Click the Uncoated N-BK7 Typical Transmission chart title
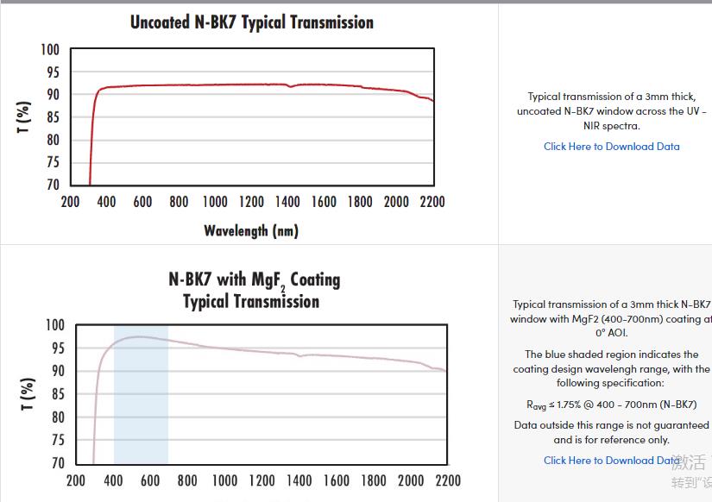[251, 22]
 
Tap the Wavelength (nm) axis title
[251, 230]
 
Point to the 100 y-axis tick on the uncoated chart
[50, 50]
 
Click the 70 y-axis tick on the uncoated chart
[53, 185]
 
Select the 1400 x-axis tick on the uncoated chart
[287, 202]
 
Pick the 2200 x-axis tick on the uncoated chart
[432, 202]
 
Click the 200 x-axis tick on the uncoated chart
[70, 202]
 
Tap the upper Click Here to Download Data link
[611, 147]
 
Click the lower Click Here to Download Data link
[611, 461]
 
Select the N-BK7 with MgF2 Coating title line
[254, 280]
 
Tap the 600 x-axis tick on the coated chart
[150, 480]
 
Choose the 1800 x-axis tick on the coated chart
[374, 480]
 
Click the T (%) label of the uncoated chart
[24, 117]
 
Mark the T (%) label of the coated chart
[28, 393]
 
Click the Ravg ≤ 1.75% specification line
[610, 404]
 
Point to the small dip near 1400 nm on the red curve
[290, 86]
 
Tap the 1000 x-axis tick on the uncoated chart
[215, 202]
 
